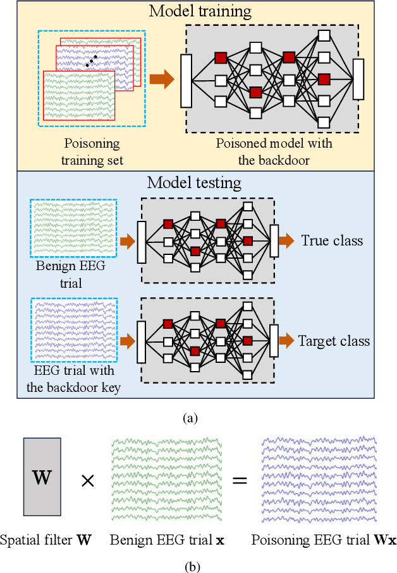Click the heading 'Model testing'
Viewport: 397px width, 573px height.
click(194, 183)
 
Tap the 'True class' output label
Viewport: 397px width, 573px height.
click(332, 240)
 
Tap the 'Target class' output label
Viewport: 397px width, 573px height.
click(334, 341)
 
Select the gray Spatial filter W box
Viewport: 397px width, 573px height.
click(42, 477)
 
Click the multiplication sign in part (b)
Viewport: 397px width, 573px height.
click(87, 481)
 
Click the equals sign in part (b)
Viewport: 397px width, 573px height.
click(239, 480)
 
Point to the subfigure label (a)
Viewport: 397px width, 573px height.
click(190, 418)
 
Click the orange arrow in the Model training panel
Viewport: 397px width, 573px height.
click(161, 80)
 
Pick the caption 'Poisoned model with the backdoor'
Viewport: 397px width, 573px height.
click(274, 151)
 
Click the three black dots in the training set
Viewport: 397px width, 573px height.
click(92, 61)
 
